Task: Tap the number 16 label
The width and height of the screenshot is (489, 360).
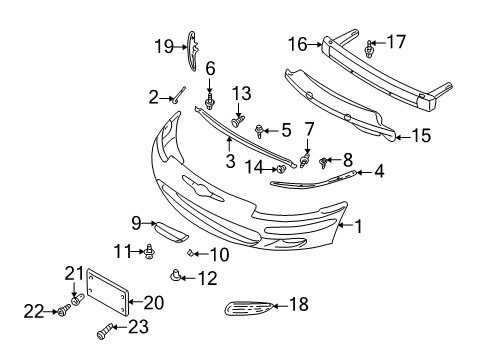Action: coord(298,44)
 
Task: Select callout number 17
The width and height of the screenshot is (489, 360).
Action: coord(397,42)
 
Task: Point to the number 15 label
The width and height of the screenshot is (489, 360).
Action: coord(424,134)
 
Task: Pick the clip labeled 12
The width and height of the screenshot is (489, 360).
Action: coord(177,275)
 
